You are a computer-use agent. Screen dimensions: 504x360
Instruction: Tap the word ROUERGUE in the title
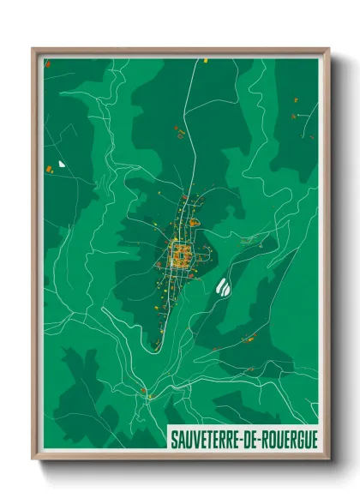[x=288, y=438]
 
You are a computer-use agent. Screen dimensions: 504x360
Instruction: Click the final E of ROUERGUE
[x=313, y=438]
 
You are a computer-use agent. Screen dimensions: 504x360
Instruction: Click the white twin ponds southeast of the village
[x=225, y=287]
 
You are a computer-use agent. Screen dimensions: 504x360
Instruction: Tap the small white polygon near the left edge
[x=62, y=163]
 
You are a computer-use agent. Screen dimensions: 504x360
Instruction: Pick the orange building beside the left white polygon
[x=50, y=169]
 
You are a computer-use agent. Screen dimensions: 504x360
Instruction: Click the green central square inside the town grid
[x=181, y=253]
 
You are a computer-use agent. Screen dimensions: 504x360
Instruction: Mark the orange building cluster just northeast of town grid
[x=195, y=223]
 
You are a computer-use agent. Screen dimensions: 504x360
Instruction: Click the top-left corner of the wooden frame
[x=33, y=50]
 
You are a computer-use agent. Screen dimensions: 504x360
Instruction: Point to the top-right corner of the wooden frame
[x=328, y=50]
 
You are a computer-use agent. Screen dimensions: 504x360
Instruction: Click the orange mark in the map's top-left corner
[x=48, y=64]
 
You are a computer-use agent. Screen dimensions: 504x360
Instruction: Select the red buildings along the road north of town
[x=180, y=133]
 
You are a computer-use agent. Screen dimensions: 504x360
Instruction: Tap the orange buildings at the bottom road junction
[x=145, y=393]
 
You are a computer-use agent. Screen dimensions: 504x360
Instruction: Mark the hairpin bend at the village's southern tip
[x=157, y=345]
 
